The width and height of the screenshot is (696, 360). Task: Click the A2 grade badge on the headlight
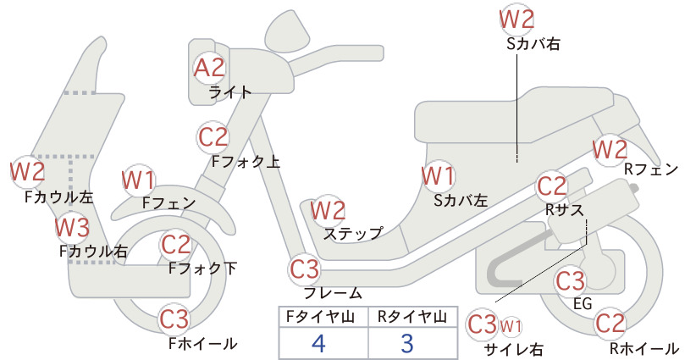209,69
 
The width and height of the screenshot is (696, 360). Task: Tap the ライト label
230,92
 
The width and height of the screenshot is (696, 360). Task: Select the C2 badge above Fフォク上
213,137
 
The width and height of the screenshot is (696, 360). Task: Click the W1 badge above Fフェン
139,180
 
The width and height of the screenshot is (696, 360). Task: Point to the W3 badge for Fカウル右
72,228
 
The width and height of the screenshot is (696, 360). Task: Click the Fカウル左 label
59,197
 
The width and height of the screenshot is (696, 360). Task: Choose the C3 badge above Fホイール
174,319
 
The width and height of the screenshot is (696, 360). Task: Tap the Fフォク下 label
202,269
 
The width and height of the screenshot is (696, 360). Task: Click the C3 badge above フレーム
305,269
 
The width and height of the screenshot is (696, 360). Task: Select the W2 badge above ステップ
328,210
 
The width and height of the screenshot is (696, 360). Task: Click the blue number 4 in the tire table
318,343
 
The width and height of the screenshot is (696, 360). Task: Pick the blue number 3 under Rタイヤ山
407,343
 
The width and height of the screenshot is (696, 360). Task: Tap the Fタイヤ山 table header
320,317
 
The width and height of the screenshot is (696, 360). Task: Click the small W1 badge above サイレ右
511,327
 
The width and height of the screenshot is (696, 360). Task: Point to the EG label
583,303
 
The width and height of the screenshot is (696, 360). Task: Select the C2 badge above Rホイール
610,323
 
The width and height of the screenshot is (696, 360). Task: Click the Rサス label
565,209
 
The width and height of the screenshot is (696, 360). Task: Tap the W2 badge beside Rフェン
610,150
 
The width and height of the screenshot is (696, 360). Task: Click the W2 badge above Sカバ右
516,19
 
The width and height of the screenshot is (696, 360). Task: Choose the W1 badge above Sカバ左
438,176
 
